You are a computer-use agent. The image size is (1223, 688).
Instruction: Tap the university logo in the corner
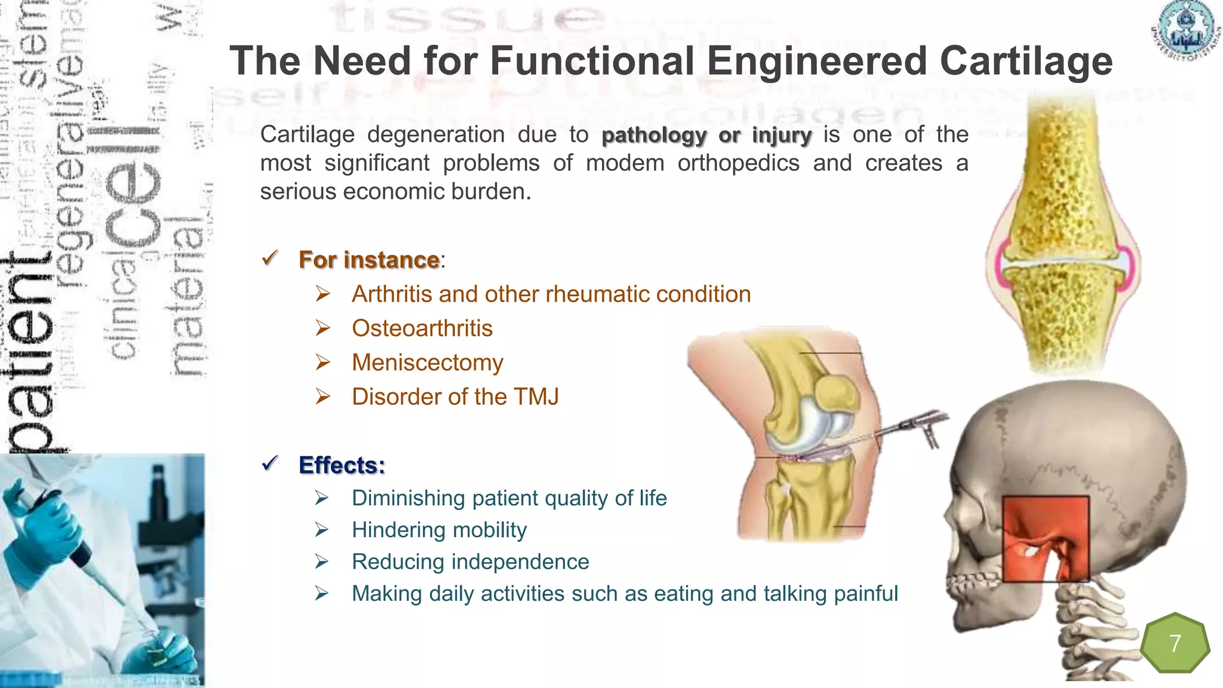click(1185, 31)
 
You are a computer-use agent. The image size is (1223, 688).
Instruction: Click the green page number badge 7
click(1175, 643)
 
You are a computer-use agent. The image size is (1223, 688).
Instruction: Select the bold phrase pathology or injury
click(706, 136)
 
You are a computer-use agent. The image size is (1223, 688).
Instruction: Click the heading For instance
click(369, 260)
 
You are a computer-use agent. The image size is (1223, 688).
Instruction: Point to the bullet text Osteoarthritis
click(422, 328)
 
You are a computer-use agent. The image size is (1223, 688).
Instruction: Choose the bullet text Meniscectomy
click(427, 363)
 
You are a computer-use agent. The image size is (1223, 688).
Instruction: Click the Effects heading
click(342, 465)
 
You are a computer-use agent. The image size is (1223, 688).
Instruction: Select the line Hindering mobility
click(439, 530)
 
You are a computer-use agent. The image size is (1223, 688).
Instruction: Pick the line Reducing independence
click(470, 561)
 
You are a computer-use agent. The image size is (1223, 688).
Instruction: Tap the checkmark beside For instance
click(270, 258)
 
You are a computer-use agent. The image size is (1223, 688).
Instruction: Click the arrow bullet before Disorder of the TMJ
click(322, 397)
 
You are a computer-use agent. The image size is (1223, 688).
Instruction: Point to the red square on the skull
click(1045, 537)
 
